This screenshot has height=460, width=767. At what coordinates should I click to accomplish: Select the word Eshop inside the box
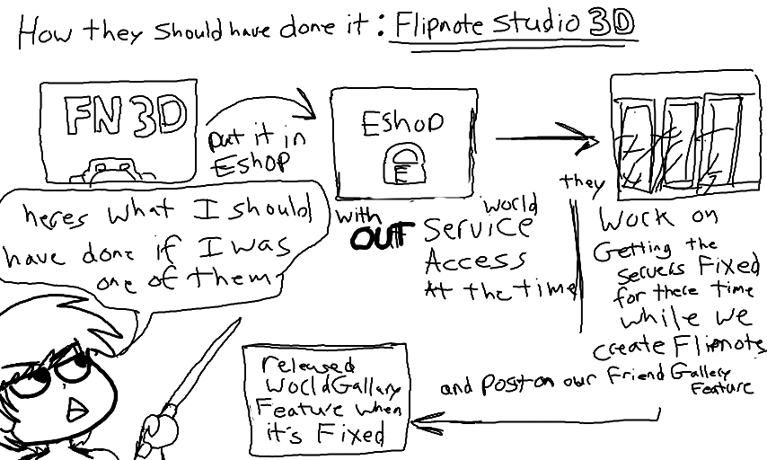click(x=401, y=123)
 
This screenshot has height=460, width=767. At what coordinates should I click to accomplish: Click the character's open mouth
click(x=78, y=408)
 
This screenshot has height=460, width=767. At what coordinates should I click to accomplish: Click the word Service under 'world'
click(x=475, y=229)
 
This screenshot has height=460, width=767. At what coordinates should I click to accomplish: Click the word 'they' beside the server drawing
click(x=582, y=182)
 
